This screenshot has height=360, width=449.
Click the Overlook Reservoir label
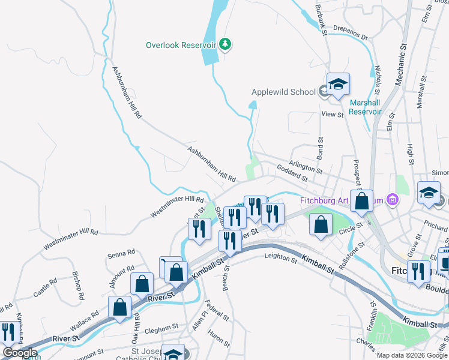pyautogui.click(x=181, y=45)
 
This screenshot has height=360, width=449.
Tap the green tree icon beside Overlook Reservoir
pyautogui.click(x=226, y=44)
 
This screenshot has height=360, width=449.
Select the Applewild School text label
pyautogui.click(x=283, y=92)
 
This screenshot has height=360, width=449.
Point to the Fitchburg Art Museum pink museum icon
pyautogui.click(x=392, y=199)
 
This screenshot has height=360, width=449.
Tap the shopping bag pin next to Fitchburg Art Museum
pyautogui.click(x=363, y=202)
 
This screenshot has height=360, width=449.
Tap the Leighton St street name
pyautogui.click(x=280, y=259)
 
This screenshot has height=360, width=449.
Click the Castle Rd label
pyautogui.click(x=45, y=287)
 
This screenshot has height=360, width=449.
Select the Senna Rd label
pyautogui.click(x=121, y=254)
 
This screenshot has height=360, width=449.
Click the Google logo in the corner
pyautogui.click(x=20, y=353)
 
